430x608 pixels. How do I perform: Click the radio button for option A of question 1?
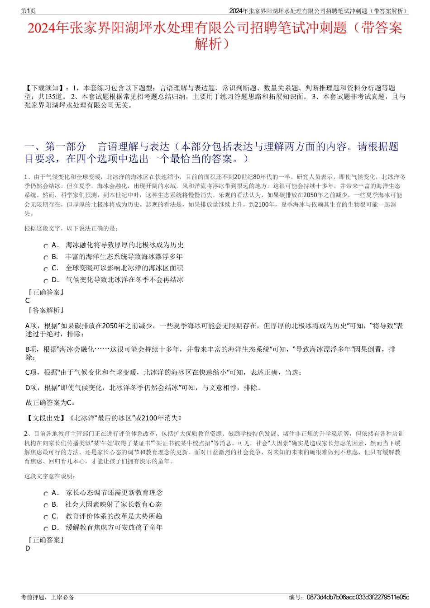tap(46, 246)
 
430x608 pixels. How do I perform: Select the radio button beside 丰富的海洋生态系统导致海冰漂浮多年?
tap(46, 258)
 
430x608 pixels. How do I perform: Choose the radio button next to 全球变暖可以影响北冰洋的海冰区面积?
tap(46, 269)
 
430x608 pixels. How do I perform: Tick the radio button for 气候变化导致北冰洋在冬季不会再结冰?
tap(46, 281)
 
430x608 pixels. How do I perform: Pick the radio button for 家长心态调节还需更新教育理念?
tap(46, 494)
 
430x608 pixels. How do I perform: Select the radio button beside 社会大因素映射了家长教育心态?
tap(46, 505)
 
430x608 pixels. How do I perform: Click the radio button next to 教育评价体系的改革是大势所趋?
tap(46, 517)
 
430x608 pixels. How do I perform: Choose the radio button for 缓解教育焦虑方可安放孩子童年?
tap(46, 528)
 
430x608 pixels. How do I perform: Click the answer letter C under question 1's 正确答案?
tap(28, 301)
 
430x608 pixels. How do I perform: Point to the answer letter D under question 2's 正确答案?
tap(28, 548)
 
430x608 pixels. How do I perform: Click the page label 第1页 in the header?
tap(28, 11)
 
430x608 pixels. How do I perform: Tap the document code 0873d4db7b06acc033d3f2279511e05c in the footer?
tap(358, 597)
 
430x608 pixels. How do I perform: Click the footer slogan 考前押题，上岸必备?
tap(48, 597)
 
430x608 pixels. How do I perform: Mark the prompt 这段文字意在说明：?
tap(50, 476)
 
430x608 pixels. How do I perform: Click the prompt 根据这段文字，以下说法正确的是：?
tap(71, 228)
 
